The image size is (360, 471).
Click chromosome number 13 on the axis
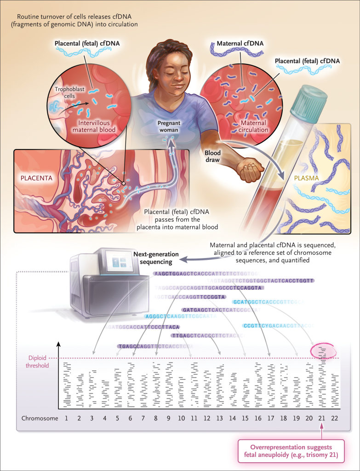coord(220,418)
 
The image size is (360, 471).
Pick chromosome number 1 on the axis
coord(67,418)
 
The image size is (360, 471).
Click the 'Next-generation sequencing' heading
coord(153,258)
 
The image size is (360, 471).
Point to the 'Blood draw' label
coord(212,156)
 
